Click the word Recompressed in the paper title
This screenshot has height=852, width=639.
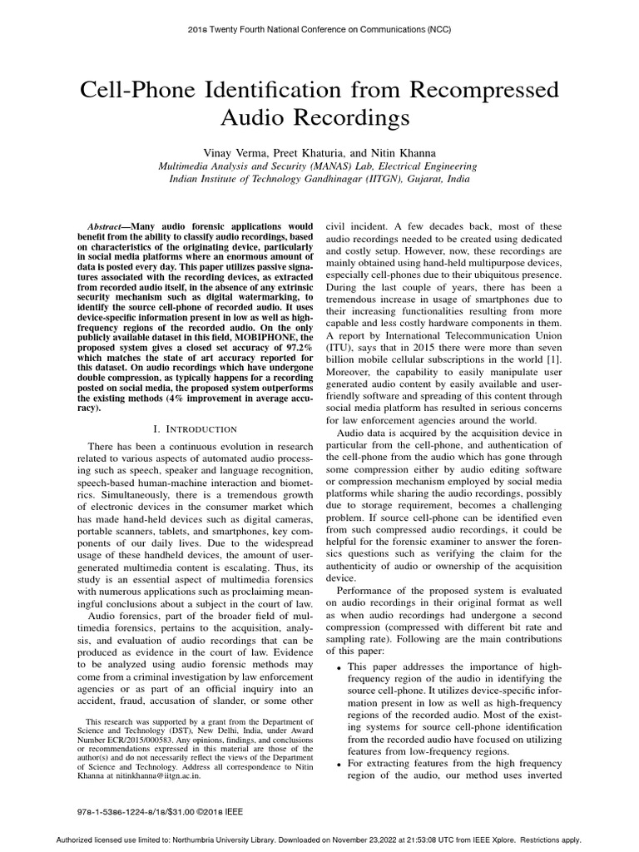click(481, 90)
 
